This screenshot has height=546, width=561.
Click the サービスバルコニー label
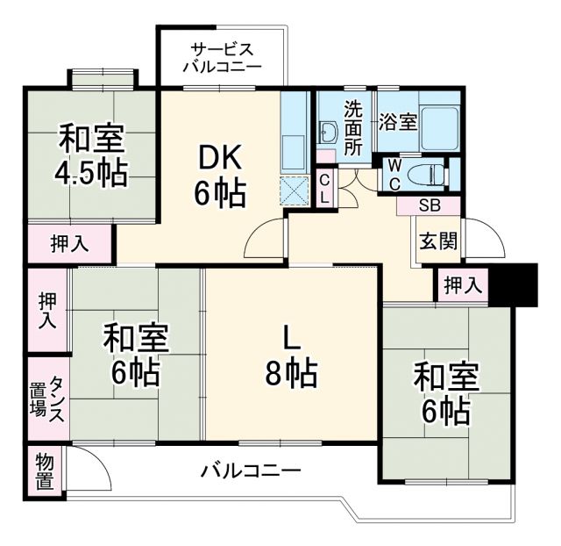point(222,57)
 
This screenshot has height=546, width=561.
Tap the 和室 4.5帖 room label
point(92,155)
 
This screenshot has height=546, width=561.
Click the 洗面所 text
point(352,128)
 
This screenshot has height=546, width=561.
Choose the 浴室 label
point(397,123)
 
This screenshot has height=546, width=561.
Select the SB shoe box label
point(429,206)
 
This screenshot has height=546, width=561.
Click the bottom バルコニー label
point(250,471)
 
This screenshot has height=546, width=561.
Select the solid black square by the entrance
point(514,284)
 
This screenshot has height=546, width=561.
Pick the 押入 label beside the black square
point(462,284)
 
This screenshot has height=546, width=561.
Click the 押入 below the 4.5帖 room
point(69,244)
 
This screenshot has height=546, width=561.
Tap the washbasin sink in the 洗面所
point(330,133)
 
